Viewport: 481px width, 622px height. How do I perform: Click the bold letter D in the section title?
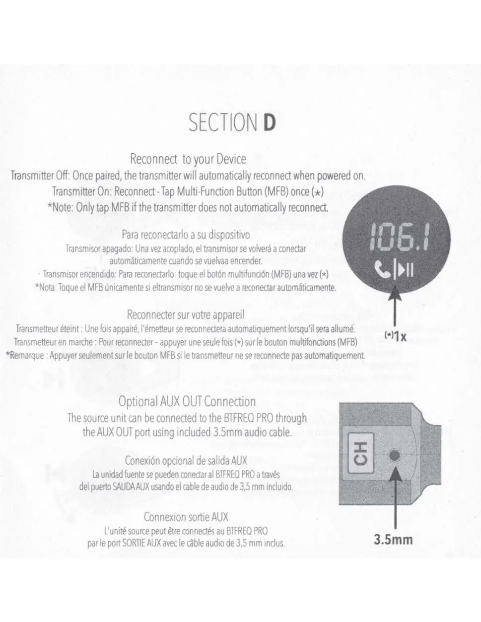click(x=269, y=123)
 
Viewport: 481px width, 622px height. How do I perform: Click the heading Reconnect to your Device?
click(x=188, y=159)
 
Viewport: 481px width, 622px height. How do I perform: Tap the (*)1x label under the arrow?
click(x=395, y=337)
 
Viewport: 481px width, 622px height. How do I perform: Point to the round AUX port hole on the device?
click(x=395, y=455)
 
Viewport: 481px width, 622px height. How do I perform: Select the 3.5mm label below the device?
click(x=393, y=539)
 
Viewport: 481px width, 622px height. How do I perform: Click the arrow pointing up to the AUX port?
click(x=395, y=497)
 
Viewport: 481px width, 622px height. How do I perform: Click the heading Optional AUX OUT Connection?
click(x=187, y=402)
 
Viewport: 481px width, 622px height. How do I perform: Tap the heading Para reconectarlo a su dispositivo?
click(x=186, y=235)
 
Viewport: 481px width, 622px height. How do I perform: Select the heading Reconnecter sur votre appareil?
click(x=186, y=314)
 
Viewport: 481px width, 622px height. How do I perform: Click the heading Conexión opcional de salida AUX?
click(x=186, y=461)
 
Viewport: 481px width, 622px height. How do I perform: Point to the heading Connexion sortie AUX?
click(x=186, y=517)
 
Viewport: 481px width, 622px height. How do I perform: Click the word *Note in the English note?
click(x=60, y=207)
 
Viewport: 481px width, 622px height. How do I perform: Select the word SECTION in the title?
click(x=223, y=123)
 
